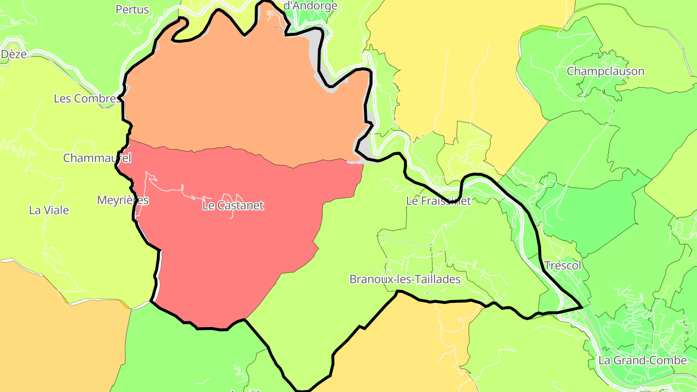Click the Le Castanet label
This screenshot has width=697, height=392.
click(x=233, y=206)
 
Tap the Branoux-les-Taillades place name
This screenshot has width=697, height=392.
click(x=405, y=279)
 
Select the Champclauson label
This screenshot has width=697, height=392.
click(x=606, y=72)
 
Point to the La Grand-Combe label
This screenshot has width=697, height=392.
click(x=642, y=361)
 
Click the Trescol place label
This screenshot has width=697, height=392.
click(x=562, y=265)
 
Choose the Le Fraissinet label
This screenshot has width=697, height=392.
click(x=439, y=201)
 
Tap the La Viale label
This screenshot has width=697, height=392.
click(x=49, y=211)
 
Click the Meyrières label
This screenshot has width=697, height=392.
click(x=123, y=200)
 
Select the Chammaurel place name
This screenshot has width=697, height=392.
click(x=97, y=158)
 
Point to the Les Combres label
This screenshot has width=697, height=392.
click(x=86, y=99)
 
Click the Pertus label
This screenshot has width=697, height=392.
click(x=132, y=10)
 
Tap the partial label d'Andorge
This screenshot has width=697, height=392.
click(x=310, y=6)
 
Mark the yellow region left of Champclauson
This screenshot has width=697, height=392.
click(x=460, y=73)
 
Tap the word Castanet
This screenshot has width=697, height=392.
click(x=240, y=206)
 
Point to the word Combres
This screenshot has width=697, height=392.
click(x=95, y=99)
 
